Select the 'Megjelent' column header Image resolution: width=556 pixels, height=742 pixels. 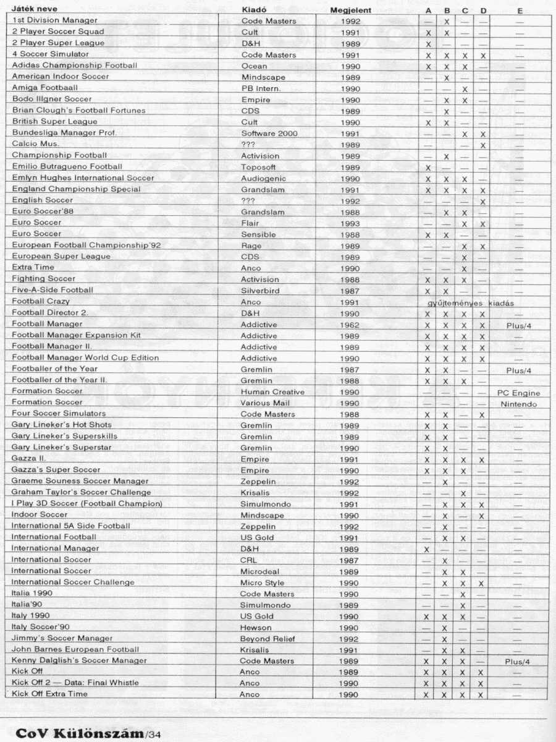point(350,11)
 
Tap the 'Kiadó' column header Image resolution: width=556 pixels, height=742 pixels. point(254,10)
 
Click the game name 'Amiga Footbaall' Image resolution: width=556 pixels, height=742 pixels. point(45,88)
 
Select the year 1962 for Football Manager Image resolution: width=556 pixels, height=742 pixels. point(350,325)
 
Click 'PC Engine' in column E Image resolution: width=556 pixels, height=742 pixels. point(518,393)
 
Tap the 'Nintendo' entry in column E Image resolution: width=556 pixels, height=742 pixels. point(519,404)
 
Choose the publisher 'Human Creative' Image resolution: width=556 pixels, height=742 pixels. point(272,392)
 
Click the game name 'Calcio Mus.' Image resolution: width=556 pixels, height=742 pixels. point(36,143)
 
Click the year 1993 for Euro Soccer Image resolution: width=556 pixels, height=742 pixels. point(350,223)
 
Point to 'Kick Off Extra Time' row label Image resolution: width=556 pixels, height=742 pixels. point(49,694)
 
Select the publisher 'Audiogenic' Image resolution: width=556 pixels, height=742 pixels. point(263,178)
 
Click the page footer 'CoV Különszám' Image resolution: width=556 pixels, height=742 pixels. point(79,734)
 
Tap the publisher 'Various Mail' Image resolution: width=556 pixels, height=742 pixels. point(264,403)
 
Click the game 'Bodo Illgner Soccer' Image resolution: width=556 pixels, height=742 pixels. point(52,99)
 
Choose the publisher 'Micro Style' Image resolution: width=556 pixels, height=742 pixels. point(263,582)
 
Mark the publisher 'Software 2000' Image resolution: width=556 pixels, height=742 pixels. point(269,133)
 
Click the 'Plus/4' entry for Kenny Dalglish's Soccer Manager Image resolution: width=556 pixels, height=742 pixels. point(517,661)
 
